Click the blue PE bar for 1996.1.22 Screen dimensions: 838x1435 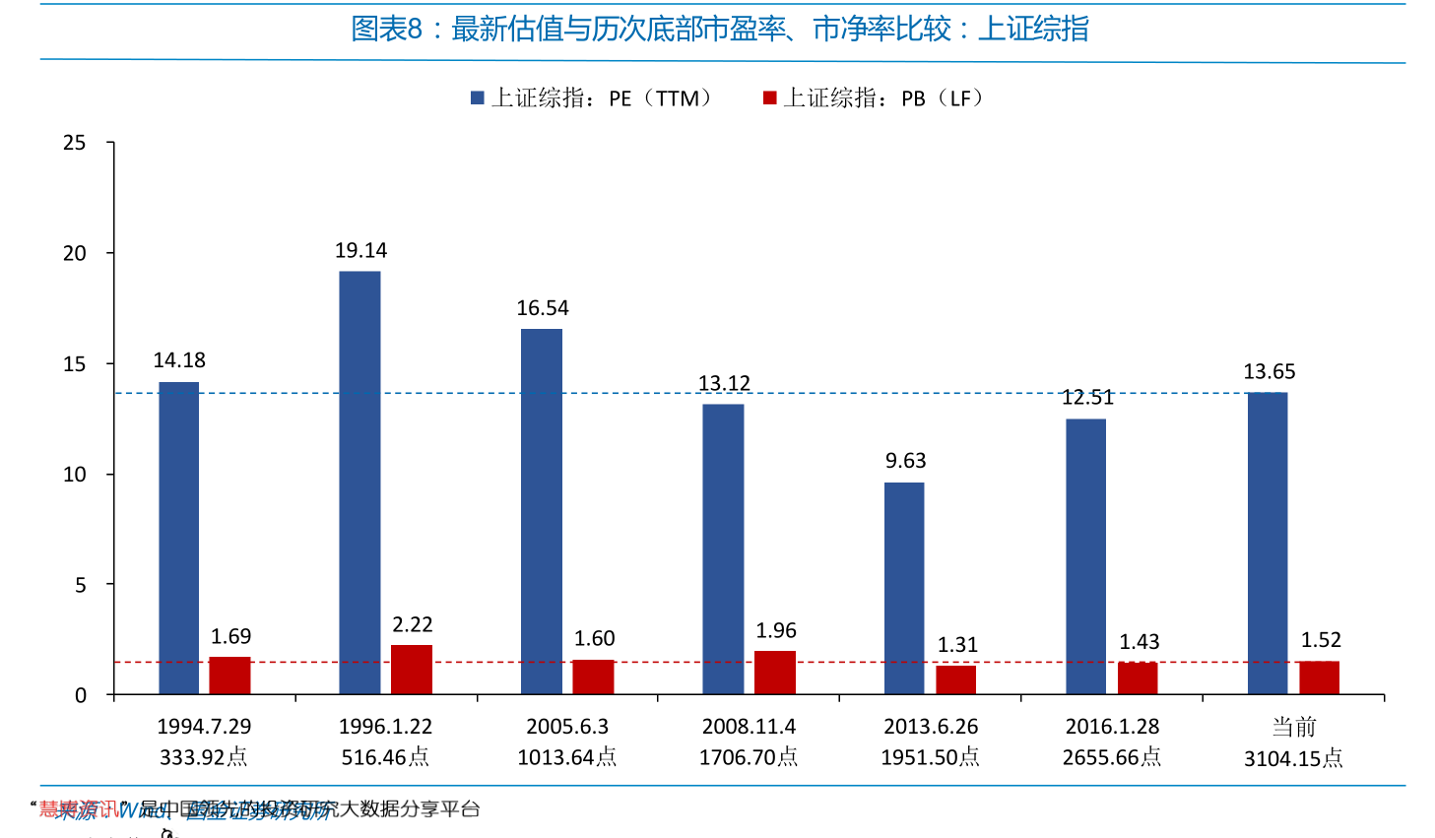tap(359, 483)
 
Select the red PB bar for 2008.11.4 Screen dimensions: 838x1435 tap(775, 673)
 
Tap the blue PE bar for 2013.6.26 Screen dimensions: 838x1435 tap(904, 588)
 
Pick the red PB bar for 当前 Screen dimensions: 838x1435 tap(1319, 677)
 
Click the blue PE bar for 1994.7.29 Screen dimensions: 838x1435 tap(178, 538)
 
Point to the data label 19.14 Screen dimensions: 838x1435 tap(360, 251)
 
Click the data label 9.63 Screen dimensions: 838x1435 tap(905, 461)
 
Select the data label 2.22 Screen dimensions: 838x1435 tap(412, 625)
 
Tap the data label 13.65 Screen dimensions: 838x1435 tap(1269, 372)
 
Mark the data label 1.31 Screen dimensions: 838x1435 tap(956, 645)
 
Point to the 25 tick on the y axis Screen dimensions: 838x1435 tap(75, 143)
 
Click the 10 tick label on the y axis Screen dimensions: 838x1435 tap(75, 475)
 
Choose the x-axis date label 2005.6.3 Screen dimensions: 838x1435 tap(567, 727)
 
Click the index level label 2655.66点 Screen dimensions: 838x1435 tap(1112, 757)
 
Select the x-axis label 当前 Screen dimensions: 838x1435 tap(1293, 727)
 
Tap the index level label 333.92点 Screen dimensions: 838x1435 tap(204, 757)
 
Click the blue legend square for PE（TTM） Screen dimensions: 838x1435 tap(478, 98)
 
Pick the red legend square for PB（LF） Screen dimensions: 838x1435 tap(770, 98)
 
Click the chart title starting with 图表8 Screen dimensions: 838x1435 tap(720, 30)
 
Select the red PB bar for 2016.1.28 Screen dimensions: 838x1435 tap(1138, 678)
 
